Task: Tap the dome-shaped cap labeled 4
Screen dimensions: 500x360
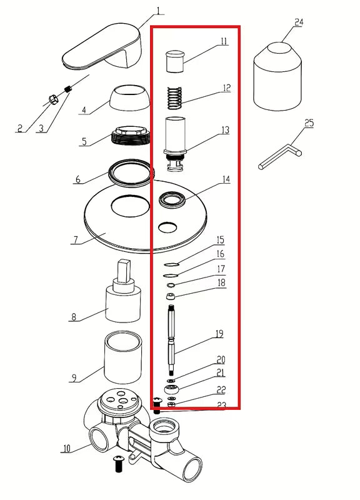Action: pyautogui.click(x=130, y=99)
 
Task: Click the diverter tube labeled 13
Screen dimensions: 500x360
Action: pyautogui.click(x=175, y=141)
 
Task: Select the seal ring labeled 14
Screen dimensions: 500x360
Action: pyautogui.click(x=172, y=200)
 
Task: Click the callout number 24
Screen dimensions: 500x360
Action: pyautogui.click(x=299, y=22)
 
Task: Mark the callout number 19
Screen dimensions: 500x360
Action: pyautogui.click(x=219, y=334)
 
